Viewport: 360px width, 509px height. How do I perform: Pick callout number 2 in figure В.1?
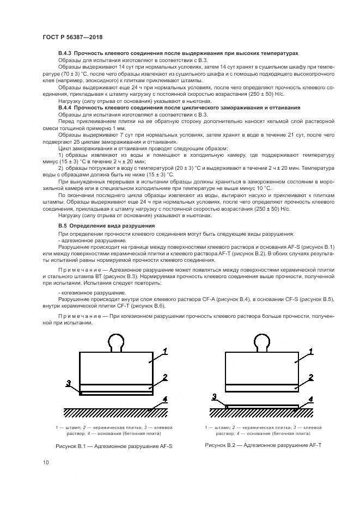tap(165, 377)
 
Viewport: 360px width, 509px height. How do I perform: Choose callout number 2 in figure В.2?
tap(310, 377)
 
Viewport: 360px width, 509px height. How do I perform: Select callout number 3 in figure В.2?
tap(214, 397)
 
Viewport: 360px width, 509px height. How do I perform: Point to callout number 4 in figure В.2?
tap(311, 399)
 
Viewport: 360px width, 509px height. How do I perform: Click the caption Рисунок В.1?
tap(118, 446)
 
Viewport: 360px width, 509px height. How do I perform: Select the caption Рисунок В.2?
tap(264, 445)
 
